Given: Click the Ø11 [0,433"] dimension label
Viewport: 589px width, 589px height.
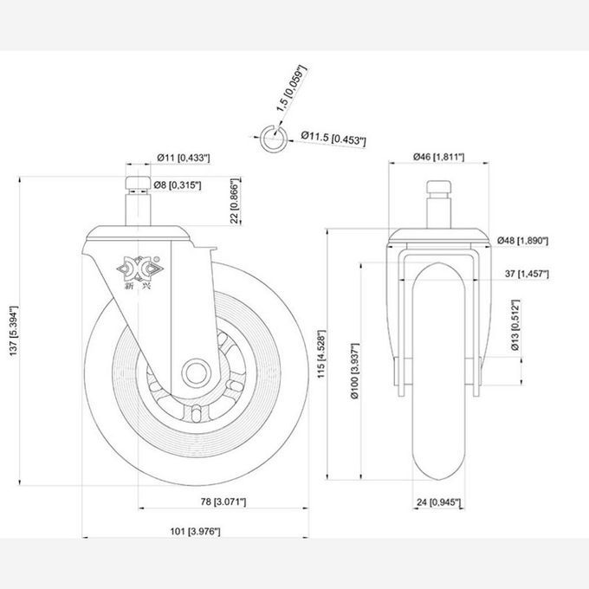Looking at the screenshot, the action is pyautogui.click(x=184, y=158).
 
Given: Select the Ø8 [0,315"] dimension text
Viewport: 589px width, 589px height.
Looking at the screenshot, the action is pyautogui.click(x=178, y=184).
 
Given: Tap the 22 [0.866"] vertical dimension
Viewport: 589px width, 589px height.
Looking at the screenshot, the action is pyautogui.click(x=235, y=201).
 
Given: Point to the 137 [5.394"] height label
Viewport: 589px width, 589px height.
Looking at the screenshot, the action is pyautogui.click(x=14, y=331).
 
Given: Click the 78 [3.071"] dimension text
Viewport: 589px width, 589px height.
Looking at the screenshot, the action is pyautogui.click(x=223, y=502).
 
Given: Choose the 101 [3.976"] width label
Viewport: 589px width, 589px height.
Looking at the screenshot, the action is pyautogui.click(x=196, y=531).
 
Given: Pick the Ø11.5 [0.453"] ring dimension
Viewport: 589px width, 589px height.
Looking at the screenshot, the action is pyautogui.click(x=333, y=138).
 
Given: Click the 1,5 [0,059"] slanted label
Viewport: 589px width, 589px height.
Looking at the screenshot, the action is pyautogui.click(x=292, y=89).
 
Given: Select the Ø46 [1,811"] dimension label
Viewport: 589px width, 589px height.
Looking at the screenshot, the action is pyautogui.click(x=439, y=157).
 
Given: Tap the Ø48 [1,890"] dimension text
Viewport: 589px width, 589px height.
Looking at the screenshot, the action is pyautogui.click(x=523, y=241).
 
